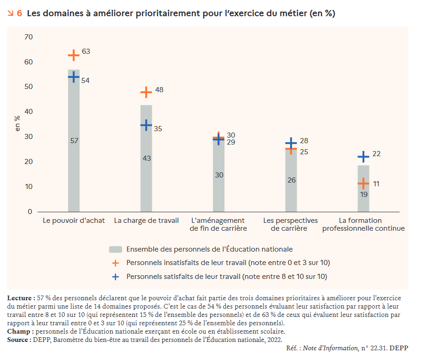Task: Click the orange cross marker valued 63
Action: tap(74, 55)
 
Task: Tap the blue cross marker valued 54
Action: tap(74, 77)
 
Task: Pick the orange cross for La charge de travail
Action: tap(146, 92)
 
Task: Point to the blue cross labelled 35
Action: tap(146, 125)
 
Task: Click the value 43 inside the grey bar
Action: tap(147, 158)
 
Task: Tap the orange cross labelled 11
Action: tap(363, 183)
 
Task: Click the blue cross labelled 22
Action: tap(363, 157)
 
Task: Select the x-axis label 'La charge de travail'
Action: tap(146, 221)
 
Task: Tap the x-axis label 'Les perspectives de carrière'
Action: tap(291, 224)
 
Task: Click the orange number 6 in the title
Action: tap(19, 13)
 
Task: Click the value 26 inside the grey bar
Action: tap(291, 180)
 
